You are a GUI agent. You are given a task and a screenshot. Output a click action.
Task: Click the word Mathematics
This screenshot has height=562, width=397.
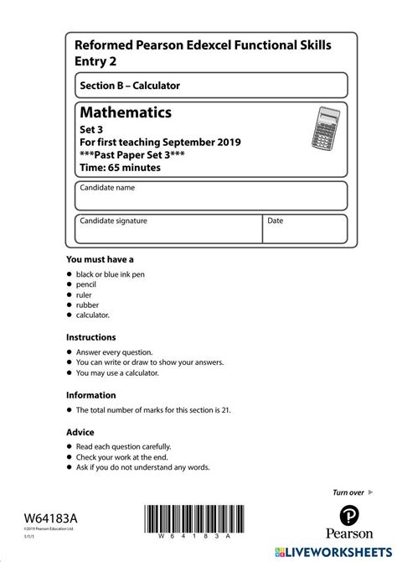pos(126,112)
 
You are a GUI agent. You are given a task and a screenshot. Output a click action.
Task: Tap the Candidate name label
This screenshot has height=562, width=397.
pos(107,188)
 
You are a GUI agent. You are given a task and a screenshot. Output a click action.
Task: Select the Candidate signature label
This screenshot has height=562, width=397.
pos(113,221)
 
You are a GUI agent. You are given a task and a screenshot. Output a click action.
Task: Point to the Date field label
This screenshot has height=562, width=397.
pos(276,221)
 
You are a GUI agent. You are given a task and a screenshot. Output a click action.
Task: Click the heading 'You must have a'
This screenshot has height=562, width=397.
pos(100,259)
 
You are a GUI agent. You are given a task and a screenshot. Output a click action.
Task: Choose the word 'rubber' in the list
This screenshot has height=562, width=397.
pos(88,304)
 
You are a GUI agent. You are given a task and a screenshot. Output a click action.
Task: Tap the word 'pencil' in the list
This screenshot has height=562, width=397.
pos(87,284)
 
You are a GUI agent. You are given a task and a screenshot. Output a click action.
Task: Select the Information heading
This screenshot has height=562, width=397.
pos(91,395)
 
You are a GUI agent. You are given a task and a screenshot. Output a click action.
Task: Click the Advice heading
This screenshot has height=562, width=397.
pos(81,431)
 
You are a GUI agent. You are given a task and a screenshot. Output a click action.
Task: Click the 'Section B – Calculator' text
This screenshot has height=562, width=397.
pos(130,86)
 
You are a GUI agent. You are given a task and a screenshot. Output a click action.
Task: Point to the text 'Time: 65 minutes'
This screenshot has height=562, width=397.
pos(120,167)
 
